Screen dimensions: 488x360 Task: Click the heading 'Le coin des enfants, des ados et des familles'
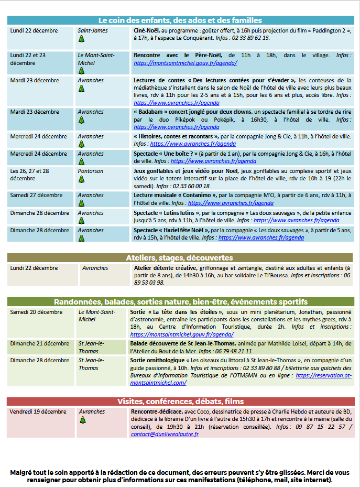(180, 20)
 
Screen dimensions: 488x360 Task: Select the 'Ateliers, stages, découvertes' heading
(180, 258)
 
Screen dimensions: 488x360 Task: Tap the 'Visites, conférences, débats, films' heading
(180, 402)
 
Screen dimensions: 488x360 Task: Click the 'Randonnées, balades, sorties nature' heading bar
(180, 302)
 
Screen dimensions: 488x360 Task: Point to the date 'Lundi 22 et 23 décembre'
(28, 59)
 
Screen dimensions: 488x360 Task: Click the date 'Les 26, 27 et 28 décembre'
(30, 175)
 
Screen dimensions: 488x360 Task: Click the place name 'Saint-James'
(93, 30)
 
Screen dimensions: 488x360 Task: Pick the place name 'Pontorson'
(91, 171)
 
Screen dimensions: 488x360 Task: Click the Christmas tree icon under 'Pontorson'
(81, 180)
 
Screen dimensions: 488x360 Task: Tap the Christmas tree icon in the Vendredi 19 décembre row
(82, 420)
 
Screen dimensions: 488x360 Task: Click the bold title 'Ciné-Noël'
(146, 30)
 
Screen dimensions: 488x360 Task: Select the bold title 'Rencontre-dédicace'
(155, 411)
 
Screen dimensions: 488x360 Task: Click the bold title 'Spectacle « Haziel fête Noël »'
(171, 230)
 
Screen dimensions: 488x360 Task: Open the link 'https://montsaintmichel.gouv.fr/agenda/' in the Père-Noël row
(186, 62)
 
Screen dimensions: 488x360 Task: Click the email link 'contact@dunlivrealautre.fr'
(165, 434)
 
